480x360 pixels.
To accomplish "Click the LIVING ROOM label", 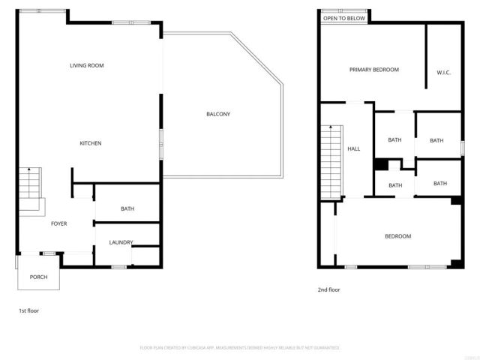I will (86, 66).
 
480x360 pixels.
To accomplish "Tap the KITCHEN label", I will (91, 143).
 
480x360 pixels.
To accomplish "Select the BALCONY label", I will (218, 114).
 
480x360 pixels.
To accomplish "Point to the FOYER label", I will (59, 223).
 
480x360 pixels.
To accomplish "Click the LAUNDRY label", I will (121, 242).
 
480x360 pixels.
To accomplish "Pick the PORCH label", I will (38, 277).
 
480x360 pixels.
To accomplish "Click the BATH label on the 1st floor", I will (127, 208).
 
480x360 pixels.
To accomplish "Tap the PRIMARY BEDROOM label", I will (373, 70).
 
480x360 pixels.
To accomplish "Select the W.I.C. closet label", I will (442, 73).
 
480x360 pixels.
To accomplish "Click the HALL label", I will (354, 148).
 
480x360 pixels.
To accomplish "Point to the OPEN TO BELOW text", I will (345, 18).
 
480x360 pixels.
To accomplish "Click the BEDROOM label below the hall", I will (397, 236).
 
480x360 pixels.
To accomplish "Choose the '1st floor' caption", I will (28, 310).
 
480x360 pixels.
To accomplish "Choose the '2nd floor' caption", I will (328, 289).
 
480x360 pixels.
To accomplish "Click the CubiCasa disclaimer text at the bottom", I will (240, 348).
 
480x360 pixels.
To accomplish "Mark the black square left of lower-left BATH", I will (380, 164).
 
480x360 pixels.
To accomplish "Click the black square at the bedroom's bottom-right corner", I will (456, 263).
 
